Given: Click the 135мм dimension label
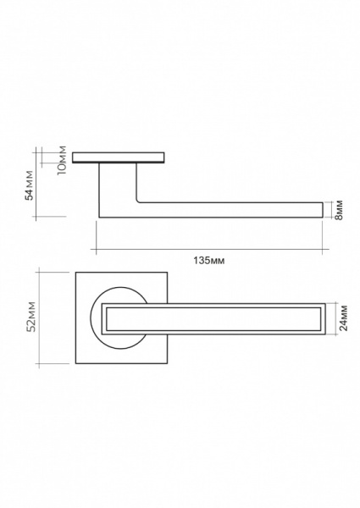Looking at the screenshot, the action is tap(208, 261).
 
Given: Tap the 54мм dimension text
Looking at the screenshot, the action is tap(30, 185).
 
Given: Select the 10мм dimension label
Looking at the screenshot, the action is tap(62, 160).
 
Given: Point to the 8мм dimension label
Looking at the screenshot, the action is tap(340, 210).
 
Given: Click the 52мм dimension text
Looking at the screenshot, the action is tap(31, 317).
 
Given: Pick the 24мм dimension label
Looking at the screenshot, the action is tap(343, 317).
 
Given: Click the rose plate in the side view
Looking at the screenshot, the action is tap(119, 157).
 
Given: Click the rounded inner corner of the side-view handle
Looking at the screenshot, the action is tap(138, 202).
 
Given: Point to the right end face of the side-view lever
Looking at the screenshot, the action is tap(323, 210).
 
